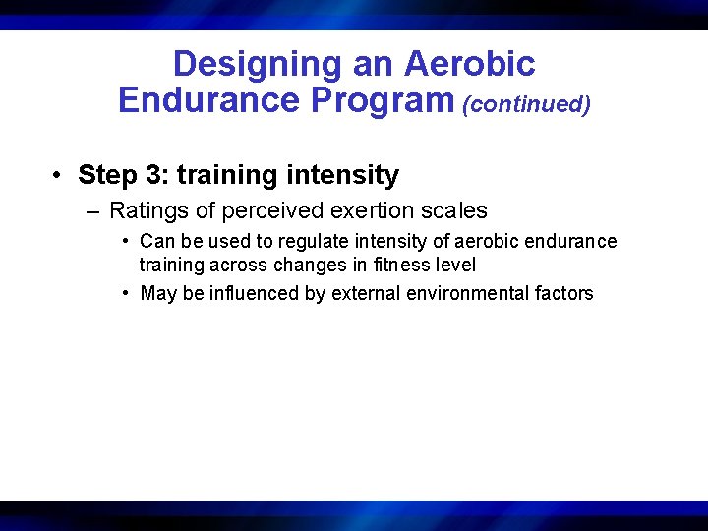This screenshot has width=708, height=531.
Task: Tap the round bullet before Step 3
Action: (x=59, y=175)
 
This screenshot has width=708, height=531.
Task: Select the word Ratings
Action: (x=147, y=210)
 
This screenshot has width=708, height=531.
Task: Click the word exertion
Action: (x=361, y=210)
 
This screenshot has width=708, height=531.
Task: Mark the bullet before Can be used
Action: (x=127, y=241)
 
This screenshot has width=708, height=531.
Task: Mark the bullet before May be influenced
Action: (x=127, y=293)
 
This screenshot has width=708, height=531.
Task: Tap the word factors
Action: (x=564, y=293)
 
